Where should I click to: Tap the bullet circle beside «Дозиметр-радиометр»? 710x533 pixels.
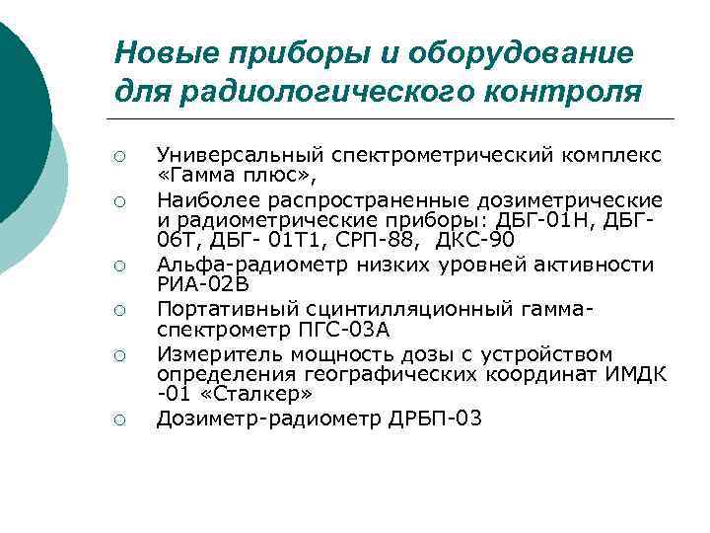click(117, 421)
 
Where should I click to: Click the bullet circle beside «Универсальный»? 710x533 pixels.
click(117, 157)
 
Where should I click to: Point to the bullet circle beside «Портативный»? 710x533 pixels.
click(117, 310)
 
